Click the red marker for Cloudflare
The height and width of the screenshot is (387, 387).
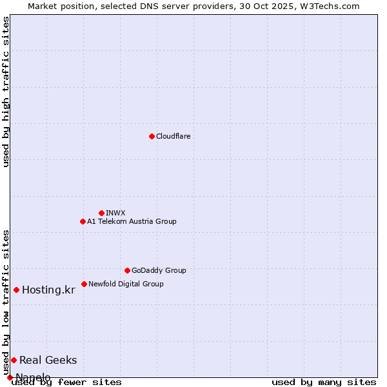click(152, 136)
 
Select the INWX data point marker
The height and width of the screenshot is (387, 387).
click(101, 213)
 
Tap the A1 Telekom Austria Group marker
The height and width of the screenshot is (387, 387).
click(83, 221)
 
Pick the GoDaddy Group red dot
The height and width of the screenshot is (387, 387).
click(127, 270)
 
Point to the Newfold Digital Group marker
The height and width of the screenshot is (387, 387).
click(84, 284)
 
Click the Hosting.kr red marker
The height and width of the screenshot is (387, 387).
click(16, 290)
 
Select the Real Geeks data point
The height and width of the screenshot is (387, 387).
click(14, 360)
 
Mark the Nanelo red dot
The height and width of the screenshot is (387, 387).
click(10, 377)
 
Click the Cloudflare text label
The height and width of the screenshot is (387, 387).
click(173, 136)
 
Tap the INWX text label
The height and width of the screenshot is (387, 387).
click(115, 213)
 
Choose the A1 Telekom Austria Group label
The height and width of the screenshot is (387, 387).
click(132, 221)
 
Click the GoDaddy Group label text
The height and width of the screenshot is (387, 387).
click(159, 270)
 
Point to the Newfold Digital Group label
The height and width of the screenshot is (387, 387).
click(126, 284)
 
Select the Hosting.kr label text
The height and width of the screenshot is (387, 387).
click(48, 290)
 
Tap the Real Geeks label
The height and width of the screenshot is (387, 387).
click(48, 360)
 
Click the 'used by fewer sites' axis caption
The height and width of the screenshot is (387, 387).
click(66, 382)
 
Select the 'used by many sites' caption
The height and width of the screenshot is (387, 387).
click(324, 382)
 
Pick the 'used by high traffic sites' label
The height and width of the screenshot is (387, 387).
click(6, 92)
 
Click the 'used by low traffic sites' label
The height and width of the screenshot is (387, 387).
click(6, 302)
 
